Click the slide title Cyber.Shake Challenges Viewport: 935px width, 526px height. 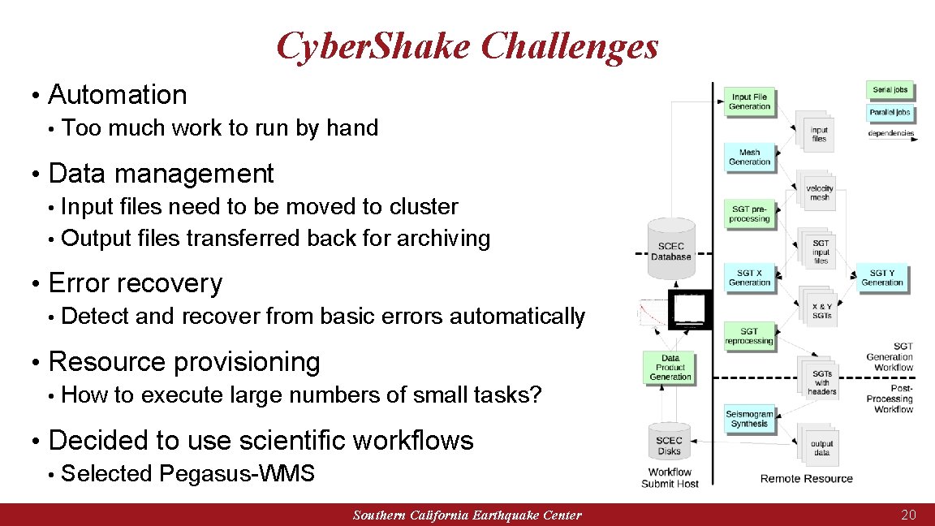[x=467, y=46]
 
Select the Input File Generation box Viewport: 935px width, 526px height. [x=749, y=101]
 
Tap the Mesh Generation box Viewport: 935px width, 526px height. [x=749, y=157]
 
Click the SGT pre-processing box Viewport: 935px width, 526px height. [x=749, y=213]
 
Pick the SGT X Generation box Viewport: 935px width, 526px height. [x=749, y=278]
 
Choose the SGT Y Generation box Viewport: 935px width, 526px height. [x=881, y=278]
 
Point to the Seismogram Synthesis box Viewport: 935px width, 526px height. [x=749, y=418]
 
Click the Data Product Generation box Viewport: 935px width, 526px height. [x=670, y=367]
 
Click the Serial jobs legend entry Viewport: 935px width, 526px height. [x=890, y=90]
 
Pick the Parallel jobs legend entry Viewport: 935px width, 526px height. [x=890, y=113]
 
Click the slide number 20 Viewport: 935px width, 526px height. [x=908, y=515]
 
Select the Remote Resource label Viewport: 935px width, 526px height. [x=806, y=478]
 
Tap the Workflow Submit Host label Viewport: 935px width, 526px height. [x=670, y=478]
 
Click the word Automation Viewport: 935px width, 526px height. [x=118, y=95]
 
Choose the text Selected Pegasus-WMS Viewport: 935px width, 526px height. [x=187, y=473]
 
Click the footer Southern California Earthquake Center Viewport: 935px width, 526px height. [x=467, y=515]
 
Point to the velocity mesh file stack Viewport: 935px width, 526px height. [x=819, y=192]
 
